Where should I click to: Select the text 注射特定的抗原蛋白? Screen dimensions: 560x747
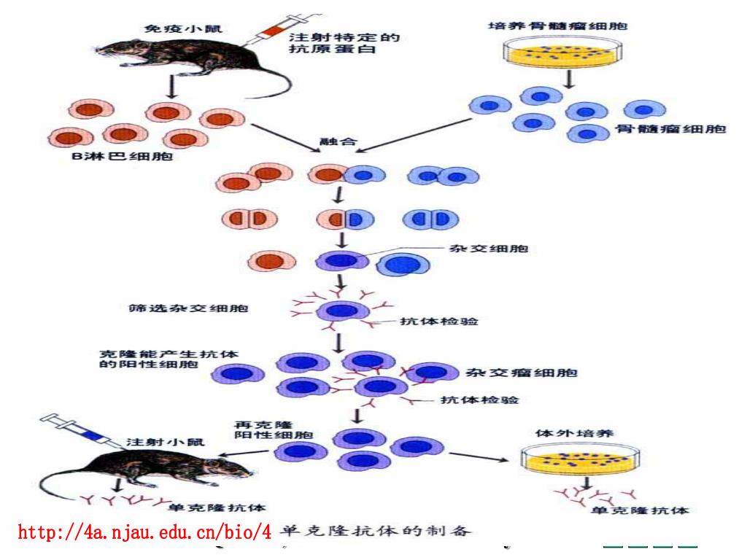(x=344, y=44)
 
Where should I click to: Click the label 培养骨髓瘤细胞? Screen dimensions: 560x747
(x=557, y=26)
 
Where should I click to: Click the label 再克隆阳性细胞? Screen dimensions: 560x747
(x=274, y=429)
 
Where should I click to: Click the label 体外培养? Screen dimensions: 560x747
(x=575, y=433)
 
